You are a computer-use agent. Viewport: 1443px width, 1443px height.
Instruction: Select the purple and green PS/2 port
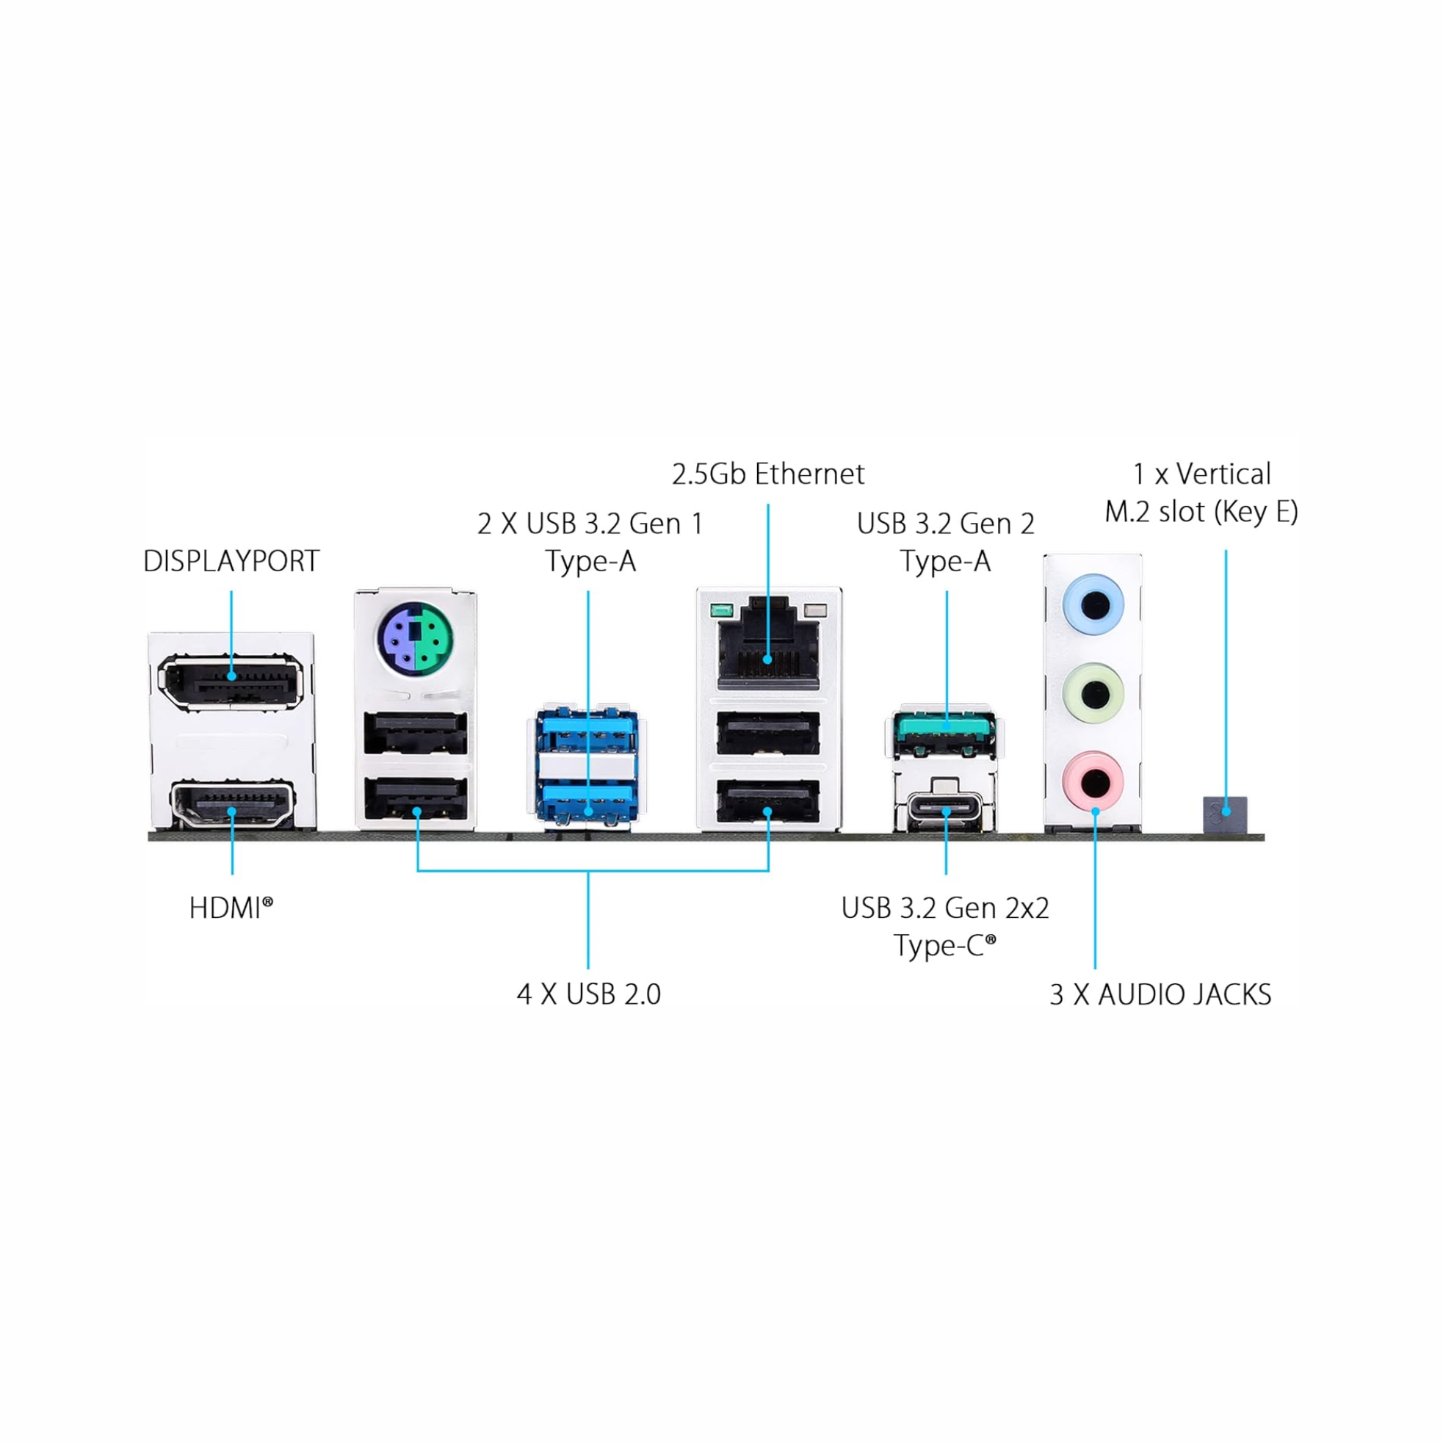click(x=415, y=637)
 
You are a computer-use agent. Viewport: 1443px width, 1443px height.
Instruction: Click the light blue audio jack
click(x=1093, y=604)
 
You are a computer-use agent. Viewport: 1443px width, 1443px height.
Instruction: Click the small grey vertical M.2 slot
click(x=1225, y=814)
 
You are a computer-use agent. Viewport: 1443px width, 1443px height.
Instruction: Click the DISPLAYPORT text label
click(x=231, y=562)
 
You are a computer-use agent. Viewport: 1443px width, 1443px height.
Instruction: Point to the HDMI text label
click(x=231, y=909)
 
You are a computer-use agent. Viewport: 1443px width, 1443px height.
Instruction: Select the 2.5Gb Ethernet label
click(x=768, y=474)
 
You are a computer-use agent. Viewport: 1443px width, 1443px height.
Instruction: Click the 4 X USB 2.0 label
click(x=588, y=994)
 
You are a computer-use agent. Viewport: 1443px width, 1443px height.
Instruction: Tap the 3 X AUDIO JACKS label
click(x=1160, y=995)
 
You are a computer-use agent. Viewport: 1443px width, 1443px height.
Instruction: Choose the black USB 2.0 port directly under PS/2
click(x=415, y=734)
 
